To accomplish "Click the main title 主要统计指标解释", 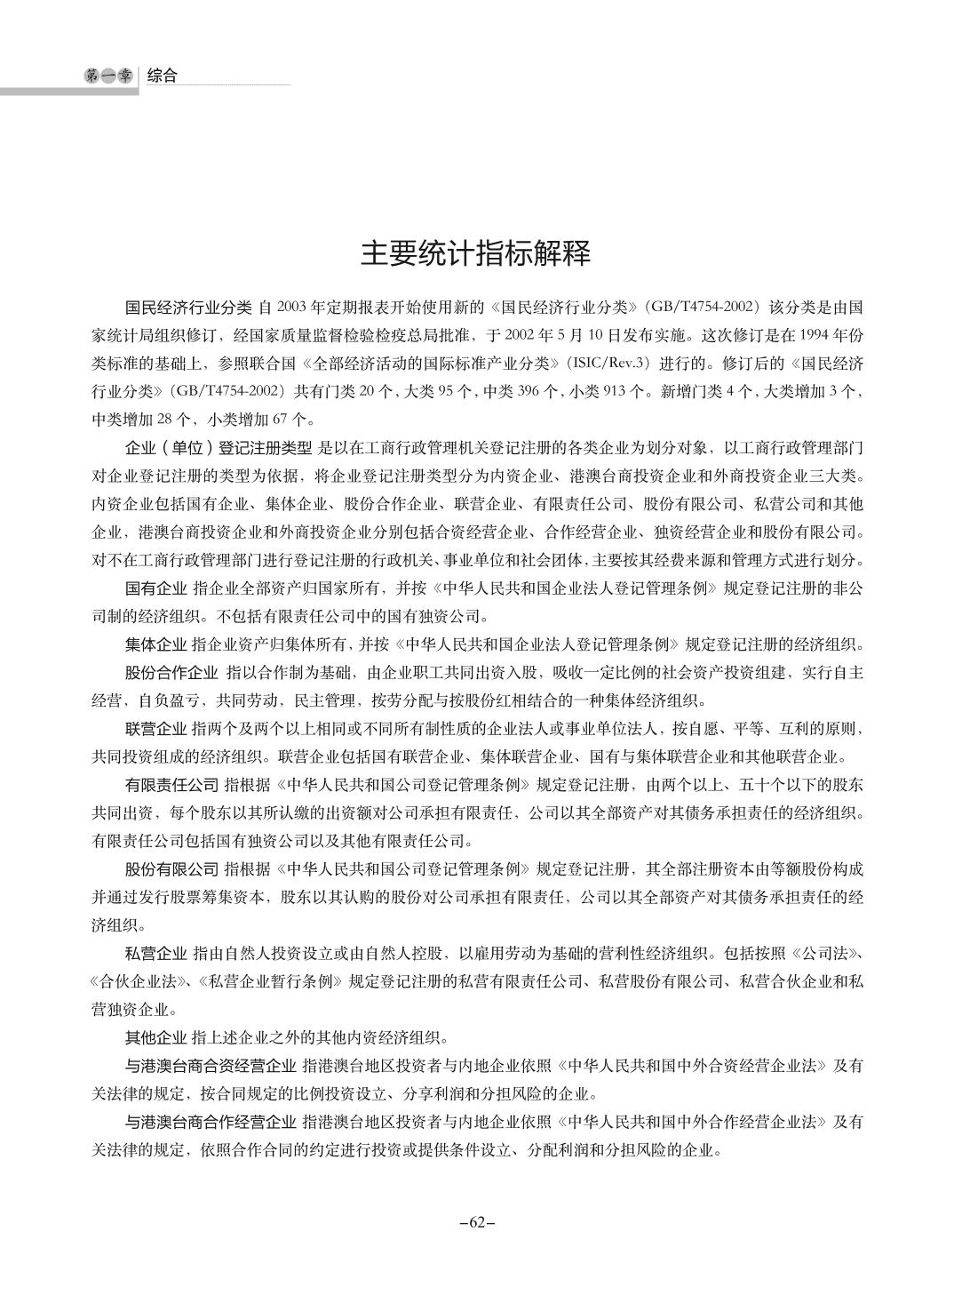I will [476, 254].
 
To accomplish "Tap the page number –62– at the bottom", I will [476, 1222].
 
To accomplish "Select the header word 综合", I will [163, 76].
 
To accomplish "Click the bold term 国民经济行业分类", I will [188, 308].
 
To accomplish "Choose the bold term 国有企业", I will [156, 588].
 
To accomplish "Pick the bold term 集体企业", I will [156, 644].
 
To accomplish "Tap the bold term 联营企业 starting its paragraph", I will [156, 729].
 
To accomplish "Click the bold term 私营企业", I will [156, 954].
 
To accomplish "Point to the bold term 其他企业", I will [156, 1037].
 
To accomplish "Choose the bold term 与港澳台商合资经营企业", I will [211, 1065].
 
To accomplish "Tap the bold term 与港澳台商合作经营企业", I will [211, 1122].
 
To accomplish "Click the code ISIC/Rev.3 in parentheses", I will [616, 364].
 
